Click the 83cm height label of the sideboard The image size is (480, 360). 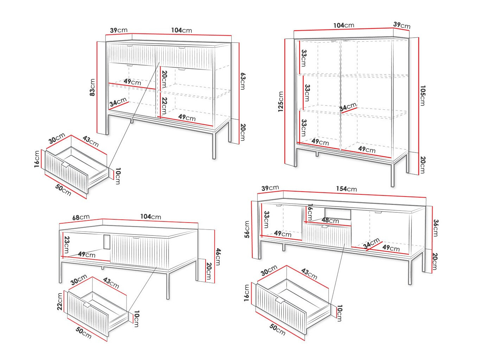[92, 88]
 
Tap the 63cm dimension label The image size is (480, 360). [242, 81]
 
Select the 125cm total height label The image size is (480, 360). [281, 102]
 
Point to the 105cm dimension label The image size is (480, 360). [422, 95]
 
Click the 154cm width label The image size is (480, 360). [346, 189]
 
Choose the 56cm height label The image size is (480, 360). [247, 229]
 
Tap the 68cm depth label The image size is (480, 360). [81, 217]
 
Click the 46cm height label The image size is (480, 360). [218, 256]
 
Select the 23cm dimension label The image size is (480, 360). [66, 245]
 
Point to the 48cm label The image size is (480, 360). [330, 220]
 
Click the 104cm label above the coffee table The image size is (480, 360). [150, 217]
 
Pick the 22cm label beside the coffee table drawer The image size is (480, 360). [60, 301]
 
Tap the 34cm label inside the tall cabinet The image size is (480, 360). [348, 107]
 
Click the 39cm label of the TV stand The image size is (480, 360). [270, 188]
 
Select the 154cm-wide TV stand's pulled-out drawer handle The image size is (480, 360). [280, 301]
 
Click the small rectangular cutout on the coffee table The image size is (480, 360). [107, 242]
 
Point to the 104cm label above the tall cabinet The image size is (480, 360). [343, 25]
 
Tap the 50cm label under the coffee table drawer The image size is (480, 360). [84, 333]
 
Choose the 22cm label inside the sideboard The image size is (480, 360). [164, 105]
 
